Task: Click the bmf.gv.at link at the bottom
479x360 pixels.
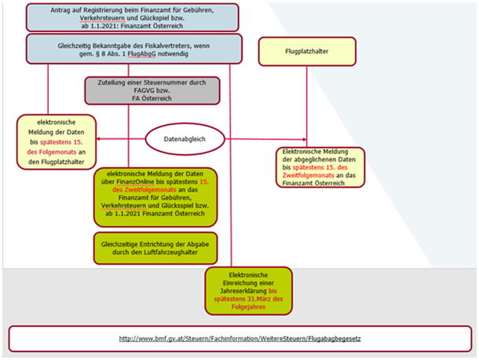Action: [x=239, y=339]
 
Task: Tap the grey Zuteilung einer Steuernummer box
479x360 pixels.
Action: [x=152, y=90]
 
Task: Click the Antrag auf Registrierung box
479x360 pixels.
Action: [x=131, y=17]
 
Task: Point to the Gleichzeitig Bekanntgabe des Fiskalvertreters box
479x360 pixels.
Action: [x=131, y=48]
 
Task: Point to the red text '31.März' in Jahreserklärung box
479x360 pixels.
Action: [x=264, y=299]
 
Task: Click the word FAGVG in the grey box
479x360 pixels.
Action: [x=139, y=91]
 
